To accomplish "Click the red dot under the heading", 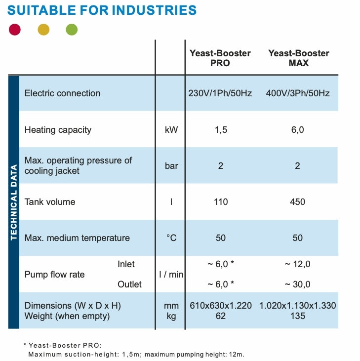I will tap(15, 30).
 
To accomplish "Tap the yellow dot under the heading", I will tap(43, 30).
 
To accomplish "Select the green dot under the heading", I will tap(72, 30).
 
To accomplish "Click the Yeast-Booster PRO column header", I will tap(220, 58).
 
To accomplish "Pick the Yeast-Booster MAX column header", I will tap(298, 58).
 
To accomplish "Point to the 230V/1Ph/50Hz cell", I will tap(220, 93).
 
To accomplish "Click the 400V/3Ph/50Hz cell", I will tap(297, 93).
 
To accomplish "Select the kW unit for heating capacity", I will tap(171, 130).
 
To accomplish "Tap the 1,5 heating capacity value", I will tap(220, 130).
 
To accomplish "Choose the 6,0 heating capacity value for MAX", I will tap(297, 130).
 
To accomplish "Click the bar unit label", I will tap(171, 166).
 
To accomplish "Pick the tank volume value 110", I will tap(221, 202).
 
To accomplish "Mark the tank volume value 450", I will tap(297, 202).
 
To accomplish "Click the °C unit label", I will tap(171, 238).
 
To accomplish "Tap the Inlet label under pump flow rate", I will tap(126, 264).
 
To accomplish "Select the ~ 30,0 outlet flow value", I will tap(297, 284).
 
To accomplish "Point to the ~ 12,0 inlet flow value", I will tap(297, 264).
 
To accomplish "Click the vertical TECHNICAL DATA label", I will tap(14, 202).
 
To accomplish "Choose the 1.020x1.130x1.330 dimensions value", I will tap(297, 306).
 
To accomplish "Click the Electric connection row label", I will tap(62, 93).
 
